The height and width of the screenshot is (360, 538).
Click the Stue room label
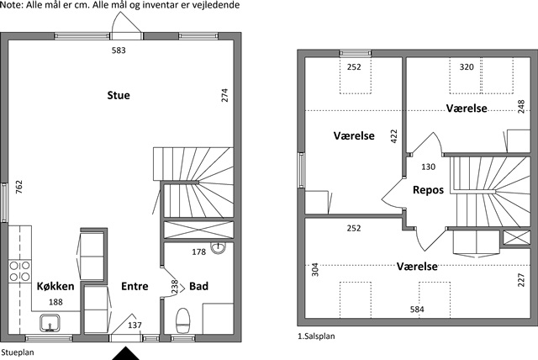pyautogui.click(x=119, y=95)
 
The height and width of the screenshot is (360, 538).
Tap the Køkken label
pyautogui.click(x=55, y=286)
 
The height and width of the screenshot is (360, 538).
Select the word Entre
pyautogui.click(x=134, y=286)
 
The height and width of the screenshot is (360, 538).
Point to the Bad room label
pyautogui.click(x=198, y=286)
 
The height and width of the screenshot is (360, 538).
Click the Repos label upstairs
pyautogui.click(x=428, y=190)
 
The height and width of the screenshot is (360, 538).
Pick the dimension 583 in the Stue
pyautogui.click(x=119, y=50)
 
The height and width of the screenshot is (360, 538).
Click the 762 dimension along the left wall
pyautogui.click(x=19, y=187)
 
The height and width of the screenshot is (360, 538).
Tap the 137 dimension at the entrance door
pyautogui.click(x=134, y=325)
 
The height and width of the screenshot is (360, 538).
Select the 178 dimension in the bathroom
pyautogui.click(x=198, y=251)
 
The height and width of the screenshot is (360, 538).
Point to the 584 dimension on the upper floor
pyautogui.click(x=417, y=310)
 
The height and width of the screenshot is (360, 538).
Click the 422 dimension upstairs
pyautogui.click(x=393, y=136)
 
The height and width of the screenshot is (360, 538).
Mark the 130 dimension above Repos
pyautogui.click(x=428, y=167)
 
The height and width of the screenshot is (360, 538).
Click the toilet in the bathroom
pyautogui.click(x=183, y=320)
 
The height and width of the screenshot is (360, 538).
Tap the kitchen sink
pyautogui.click(x=50, y=323)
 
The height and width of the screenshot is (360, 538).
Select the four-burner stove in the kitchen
pyautogui.click(x=19, y=271)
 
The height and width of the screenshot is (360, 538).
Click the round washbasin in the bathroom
pyautogui.click(x=218, y=248)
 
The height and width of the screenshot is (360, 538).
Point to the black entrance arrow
pyautogui.click(x=126, y=353)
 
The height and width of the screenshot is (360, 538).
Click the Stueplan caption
pyautogui.click(x=18, y=352)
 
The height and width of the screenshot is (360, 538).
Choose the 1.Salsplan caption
pyautogui.click(x=316, y=336)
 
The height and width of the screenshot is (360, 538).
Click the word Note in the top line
pyautogui.click(x=11, y=5)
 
